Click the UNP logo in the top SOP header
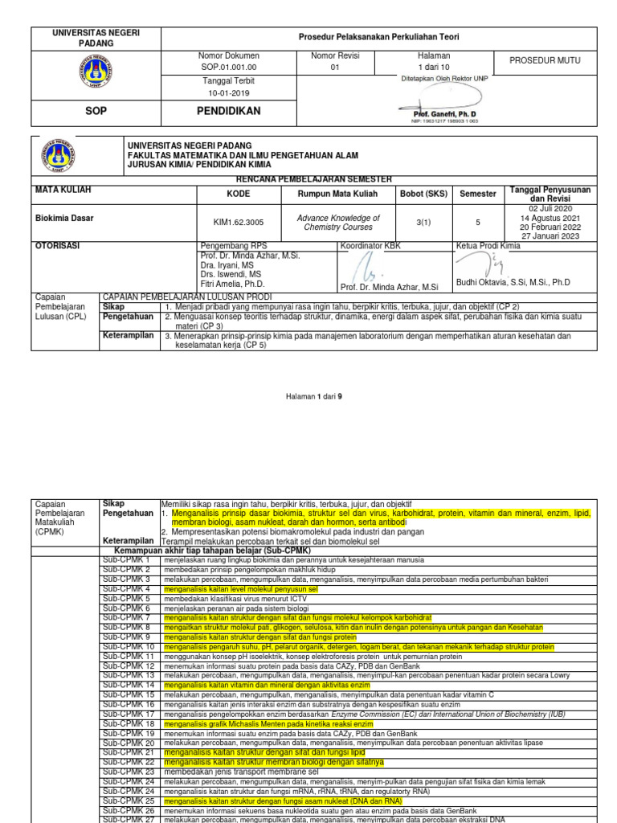click(x=96, y=76)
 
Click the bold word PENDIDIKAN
click(x=229, y=111)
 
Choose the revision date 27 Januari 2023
click(x=549, y=235)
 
